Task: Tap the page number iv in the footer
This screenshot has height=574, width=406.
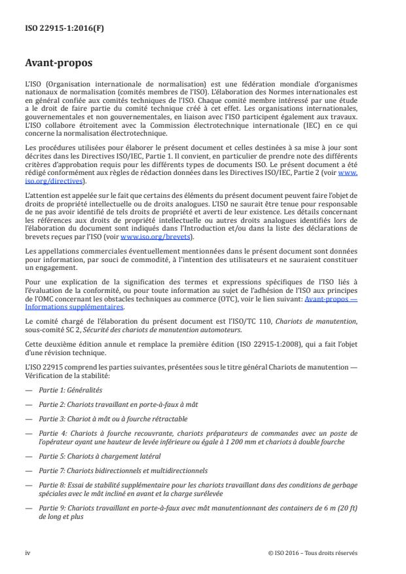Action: point(28,552)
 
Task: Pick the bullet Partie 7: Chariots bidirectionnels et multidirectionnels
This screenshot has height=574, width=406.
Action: point(124,470)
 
